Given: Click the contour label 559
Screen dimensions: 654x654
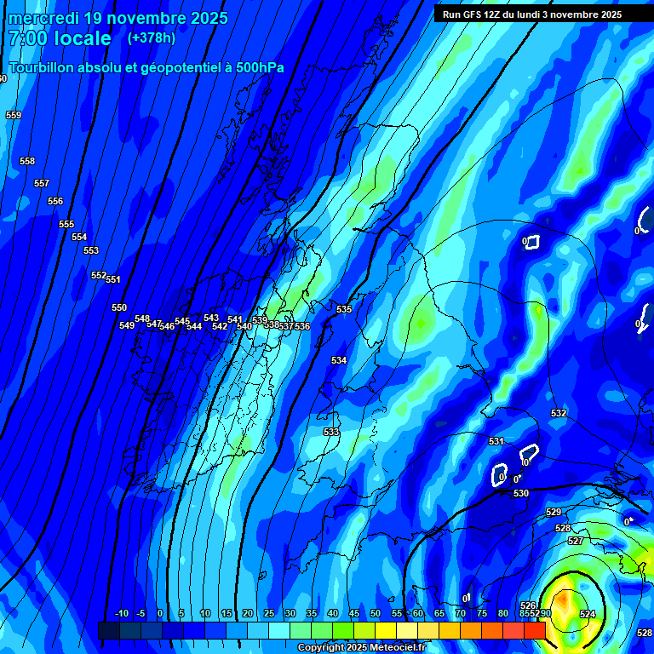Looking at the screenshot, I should [13, 115].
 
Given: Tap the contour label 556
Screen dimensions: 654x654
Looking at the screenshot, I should [55, 201].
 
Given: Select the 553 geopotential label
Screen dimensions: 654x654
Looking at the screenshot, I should [91, 250].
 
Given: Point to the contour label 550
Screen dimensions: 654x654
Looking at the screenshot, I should [119, 307].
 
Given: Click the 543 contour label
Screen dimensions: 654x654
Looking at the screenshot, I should [211, 318].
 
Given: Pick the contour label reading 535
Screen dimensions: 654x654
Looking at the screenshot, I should [344, 309].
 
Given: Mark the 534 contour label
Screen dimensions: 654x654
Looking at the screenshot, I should [339, 360].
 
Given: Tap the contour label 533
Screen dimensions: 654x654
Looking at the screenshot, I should [331, 432].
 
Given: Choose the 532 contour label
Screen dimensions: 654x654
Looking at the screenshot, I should [558, 413].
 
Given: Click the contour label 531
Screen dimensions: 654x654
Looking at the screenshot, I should [496, 441].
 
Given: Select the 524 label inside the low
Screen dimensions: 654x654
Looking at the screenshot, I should [588, 614].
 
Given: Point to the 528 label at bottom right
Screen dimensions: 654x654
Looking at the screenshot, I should [645, 633].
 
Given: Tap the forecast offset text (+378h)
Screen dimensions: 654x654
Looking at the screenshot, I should [152, 37].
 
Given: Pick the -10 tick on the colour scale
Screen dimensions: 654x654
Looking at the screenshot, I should [122, 613].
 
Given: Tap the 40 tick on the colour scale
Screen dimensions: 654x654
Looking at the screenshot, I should [332, 613].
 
